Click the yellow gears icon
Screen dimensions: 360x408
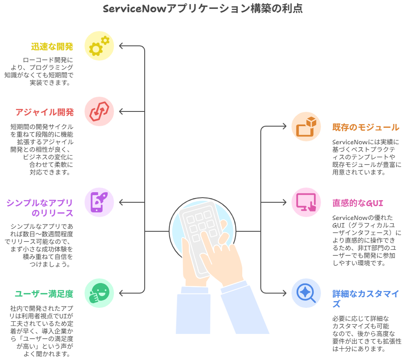pos(99,45)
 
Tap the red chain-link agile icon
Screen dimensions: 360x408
pos(99,111)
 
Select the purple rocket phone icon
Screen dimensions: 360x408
pos(99,202)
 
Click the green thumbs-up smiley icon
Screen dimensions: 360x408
pos(99,292)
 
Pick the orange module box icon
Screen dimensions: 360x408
pos(306,127)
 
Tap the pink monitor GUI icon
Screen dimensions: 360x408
pos(306,202)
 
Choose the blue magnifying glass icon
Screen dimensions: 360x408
pos(306,293)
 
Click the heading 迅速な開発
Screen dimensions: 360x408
pos(52,47)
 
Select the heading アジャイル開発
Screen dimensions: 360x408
pos(45,112)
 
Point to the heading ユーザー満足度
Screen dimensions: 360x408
pos(44,294)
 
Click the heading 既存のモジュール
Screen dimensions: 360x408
pos(366,127)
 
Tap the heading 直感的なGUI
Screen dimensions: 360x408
pos(358,203)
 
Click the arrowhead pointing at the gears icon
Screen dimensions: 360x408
pos(121,45)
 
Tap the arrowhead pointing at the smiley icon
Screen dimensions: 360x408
pos(121,292)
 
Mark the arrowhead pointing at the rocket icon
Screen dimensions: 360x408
pos(121,202)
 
